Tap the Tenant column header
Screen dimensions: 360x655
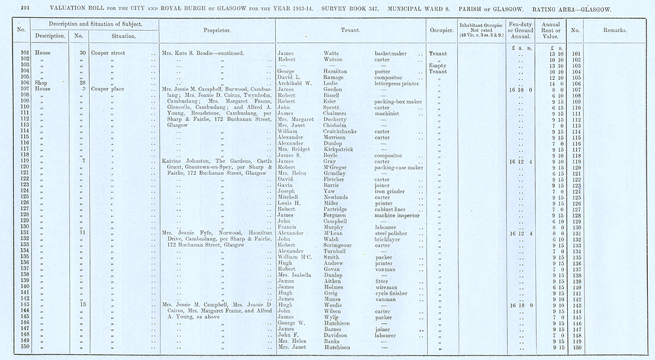pos(353,31)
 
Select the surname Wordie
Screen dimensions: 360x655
pos(335,305)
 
